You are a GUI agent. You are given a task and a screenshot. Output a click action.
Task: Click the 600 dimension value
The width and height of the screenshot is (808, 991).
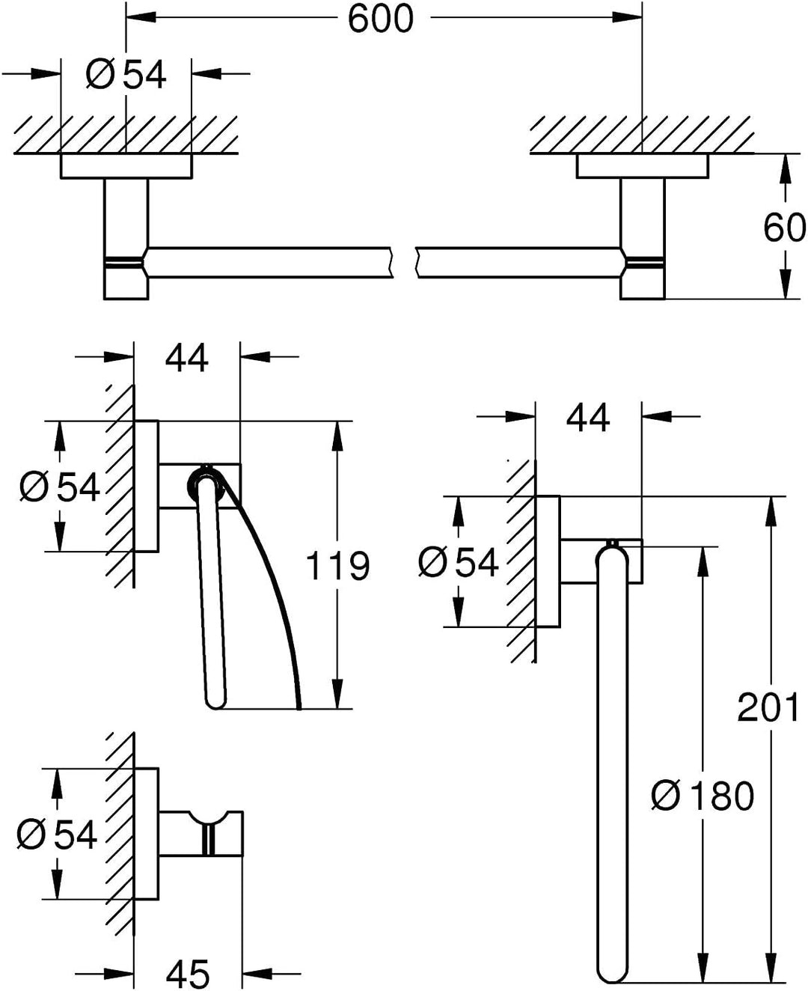[x=381, y=19]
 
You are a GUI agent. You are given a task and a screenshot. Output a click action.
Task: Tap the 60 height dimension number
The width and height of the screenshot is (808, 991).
[x=783, y=228]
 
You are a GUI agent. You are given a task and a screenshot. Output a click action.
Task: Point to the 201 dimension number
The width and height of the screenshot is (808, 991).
[x=768, y=707]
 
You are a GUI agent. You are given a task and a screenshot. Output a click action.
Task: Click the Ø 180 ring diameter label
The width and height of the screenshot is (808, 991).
[x=703, y=796]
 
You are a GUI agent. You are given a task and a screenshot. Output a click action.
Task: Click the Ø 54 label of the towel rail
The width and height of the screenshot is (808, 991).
[x=126, y=74]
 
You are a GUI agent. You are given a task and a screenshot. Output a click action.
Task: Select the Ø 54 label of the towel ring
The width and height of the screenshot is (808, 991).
[x=458, y=562]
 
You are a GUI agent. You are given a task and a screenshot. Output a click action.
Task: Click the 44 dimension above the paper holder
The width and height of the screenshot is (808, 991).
[x=186, y=358]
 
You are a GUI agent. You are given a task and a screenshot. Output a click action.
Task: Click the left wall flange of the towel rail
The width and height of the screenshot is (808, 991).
[x=126, y=166]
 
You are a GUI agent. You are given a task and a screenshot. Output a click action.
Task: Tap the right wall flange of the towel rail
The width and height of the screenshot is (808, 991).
[x=642, y=166]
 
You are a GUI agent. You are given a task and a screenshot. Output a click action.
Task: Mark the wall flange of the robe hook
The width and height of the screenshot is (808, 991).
[x=147, y=834]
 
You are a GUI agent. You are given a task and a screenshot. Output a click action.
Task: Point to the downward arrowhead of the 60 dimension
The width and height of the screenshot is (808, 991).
[x=786, y=282]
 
